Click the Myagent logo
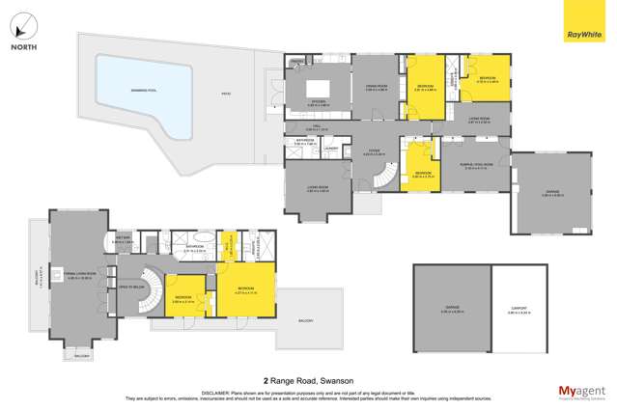click(581, 391)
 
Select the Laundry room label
click(330, 148)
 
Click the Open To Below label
click(130, 287)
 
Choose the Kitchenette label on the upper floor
click(123, 241)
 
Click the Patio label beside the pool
click(226, 94)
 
